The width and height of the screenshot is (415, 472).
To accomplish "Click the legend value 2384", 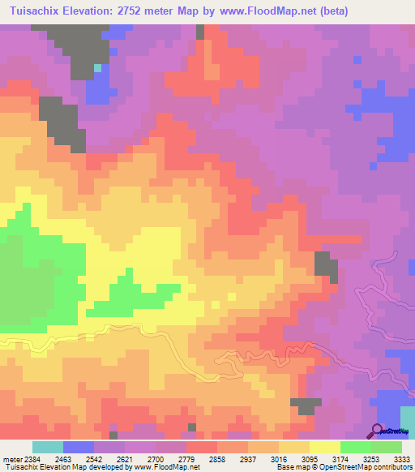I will [25, 458].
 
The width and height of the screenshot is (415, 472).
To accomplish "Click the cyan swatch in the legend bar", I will [48, 447].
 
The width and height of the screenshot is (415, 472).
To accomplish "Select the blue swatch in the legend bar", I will [79, 447].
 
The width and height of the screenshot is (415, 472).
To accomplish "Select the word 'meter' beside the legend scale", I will [11, 458].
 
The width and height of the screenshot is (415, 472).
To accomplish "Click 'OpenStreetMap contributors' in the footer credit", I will [372, 467].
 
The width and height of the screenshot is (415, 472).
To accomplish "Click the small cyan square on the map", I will [97, 68].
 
